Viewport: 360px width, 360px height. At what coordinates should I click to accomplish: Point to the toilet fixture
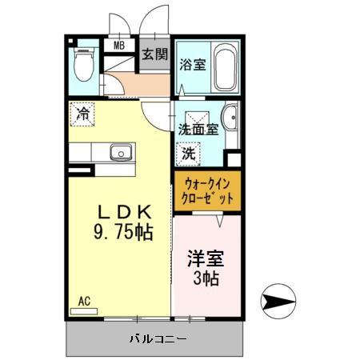click(x=82, y=66)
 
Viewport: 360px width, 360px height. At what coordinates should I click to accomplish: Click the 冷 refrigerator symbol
click(x=82, y=113)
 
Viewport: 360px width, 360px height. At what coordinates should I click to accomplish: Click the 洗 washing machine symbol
click(x=189, y=152)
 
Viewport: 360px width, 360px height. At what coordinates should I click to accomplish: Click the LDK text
click(x=122, y=213)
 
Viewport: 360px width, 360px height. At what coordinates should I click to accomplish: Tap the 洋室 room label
click(x=205, y=259)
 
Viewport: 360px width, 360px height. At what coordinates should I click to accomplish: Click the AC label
click(x=84, y=301)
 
